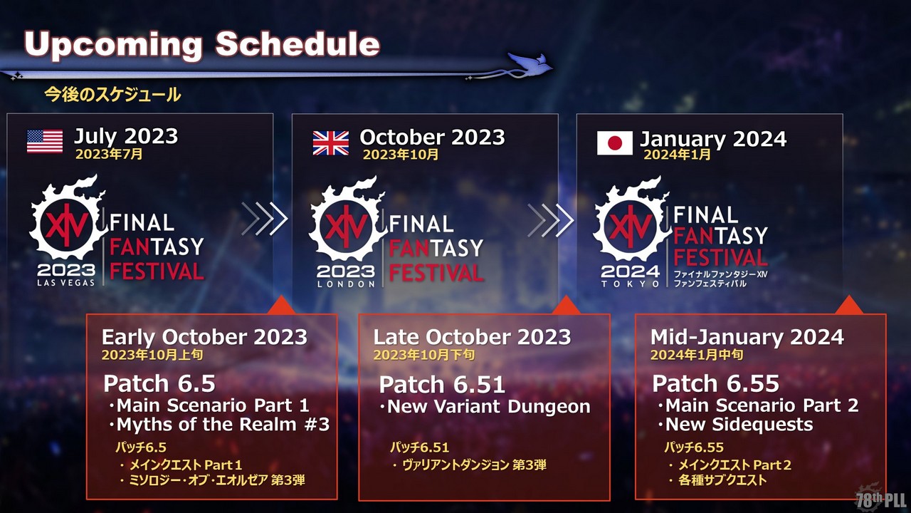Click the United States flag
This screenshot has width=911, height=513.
click(x=45, y=141)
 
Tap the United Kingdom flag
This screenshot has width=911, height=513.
click(x=331, y=143)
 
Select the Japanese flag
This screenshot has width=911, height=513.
click(x=614, y=143)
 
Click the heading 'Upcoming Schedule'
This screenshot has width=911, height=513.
click(x=202, y=44)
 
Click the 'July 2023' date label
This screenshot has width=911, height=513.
click(x=126, y=136)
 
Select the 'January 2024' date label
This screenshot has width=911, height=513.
click(x=713, y=139)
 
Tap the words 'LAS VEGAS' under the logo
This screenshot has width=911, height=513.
click(x=66, y=283)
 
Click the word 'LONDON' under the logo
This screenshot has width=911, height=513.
click(x=346, y=284)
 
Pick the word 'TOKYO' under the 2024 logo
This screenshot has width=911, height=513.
click(x=631, y=284)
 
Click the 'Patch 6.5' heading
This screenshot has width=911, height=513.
click(x=159, y=383)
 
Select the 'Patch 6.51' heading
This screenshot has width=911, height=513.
click(x=442, y=385)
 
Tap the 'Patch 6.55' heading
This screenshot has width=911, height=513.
click(x=716, y=383)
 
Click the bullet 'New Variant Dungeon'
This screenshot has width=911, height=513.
click(x=489, y=407)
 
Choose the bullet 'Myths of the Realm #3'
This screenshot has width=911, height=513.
click(x=223, y=425)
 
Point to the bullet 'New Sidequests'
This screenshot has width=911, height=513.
click(x=739, y=425)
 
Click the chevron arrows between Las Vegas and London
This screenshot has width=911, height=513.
click(x=264, y=219)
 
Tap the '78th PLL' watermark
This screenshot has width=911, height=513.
click(x=882, y=499)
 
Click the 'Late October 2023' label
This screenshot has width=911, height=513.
click(x=472, y=337)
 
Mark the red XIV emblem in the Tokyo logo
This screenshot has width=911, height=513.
click(x=630, y=226)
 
